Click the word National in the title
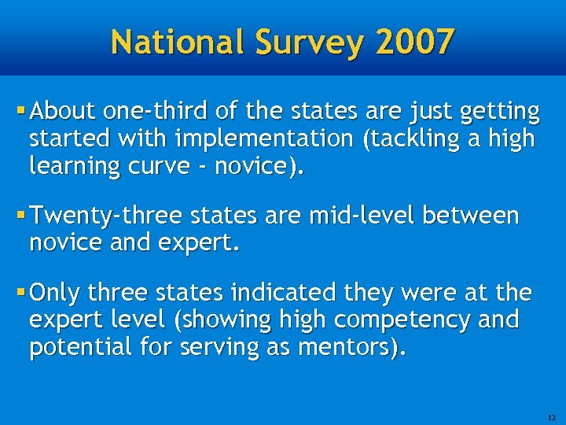pos(177,41)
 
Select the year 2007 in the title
pos(414,41)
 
